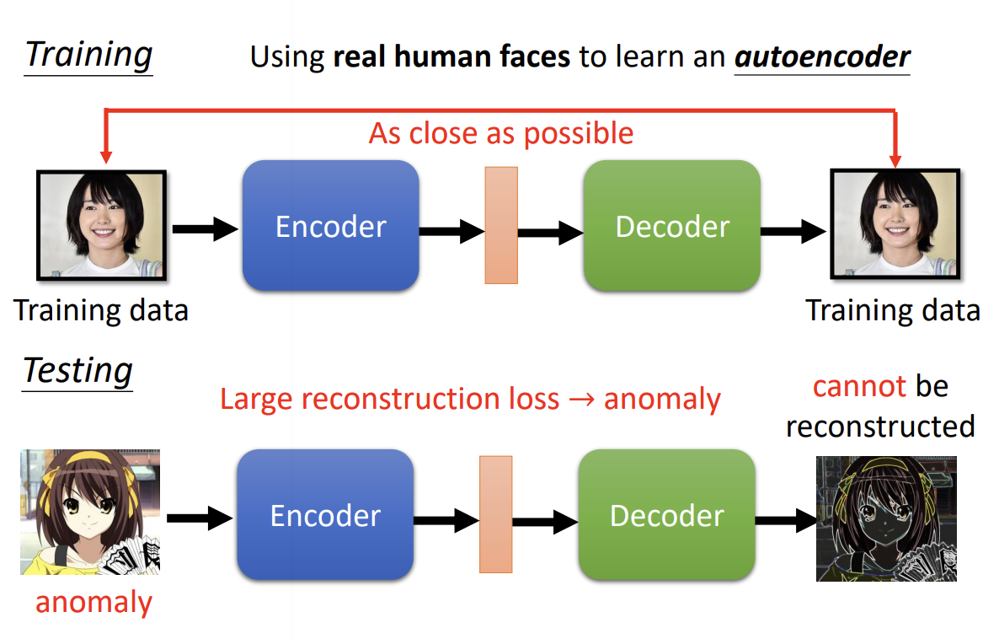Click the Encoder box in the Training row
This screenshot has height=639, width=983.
330,226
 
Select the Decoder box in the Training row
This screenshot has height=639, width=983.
671,226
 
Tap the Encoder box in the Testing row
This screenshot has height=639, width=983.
325,515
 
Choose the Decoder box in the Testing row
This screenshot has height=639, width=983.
666,515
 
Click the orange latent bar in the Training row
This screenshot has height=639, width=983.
501,225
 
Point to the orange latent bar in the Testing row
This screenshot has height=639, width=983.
496,514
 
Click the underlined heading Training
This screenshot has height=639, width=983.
88,55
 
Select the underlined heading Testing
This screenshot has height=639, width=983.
77,370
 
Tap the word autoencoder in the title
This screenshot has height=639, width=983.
822,56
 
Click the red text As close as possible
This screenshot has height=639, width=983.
501,133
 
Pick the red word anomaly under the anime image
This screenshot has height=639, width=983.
93,602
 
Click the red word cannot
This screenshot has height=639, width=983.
859,386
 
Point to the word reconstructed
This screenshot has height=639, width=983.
880,427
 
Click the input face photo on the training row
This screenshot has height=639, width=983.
101,225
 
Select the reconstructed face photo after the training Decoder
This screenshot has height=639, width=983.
895,223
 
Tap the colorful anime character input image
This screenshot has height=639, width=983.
90,512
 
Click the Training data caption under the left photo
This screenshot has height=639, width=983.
101,310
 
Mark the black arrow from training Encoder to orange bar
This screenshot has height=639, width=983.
451,230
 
